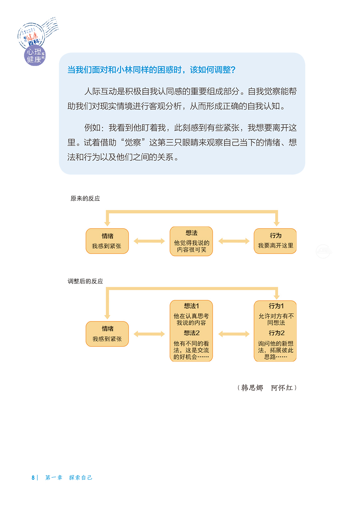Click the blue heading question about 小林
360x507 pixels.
coord(151,70)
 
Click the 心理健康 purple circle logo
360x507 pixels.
coord(34,55)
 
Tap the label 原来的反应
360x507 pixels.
coord(85,198)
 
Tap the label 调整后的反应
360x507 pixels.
coord(85,281)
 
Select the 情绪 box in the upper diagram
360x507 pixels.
coord(107,241)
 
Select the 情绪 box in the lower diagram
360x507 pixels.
coord(107,334)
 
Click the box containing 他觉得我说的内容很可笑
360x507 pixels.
coord(191,242)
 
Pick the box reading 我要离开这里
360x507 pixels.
coord(275,241)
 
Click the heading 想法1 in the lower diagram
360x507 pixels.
coord(191,306)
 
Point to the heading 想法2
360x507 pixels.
coord(191,333)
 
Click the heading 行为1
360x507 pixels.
coord(275,306)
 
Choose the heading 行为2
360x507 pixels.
coord(275,333)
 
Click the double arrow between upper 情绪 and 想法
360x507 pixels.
coord(149,241)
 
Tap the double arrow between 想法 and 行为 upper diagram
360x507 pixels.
coord(234,241)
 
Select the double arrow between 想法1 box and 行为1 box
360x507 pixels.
coord(234,334)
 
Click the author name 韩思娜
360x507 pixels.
coord(252,388)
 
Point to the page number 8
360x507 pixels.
coord(33,477)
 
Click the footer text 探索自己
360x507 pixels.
coord(80,477)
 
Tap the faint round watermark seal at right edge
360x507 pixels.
coord(323,251)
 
